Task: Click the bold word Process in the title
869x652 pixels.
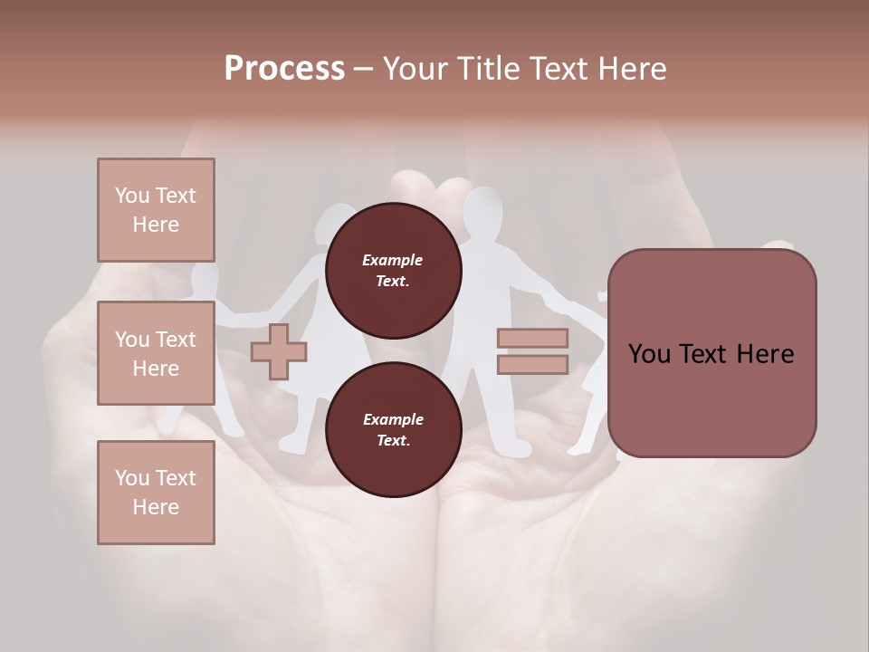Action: (x=284, y=69)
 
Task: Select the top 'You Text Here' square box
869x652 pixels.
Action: (x=156, y=210)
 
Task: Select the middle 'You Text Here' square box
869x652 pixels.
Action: (x=156, y=353)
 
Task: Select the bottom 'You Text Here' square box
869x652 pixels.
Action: (x=156, y=492)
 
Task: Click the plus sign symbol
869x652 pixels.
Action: (x=278, y=351)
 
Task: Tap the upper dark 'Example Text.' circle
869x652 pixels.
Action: (x=393, y=270)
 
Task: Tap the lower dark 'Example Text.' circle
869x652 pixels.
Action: (x=393, y=429)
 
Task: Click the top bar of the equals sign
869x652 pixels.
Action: (x=532, y=339)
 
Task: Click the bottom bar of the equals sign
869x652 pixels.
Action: (x=532, y=365)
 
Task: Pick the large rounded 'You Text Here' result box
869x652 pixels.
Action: (x=711, y=353)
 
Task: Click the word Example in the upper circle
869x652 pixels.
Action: (x=393, y=260)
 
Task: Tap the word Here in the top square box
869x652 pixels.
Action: (x=156, y=225)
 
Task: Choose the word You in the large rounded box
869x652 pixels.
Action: (x=649, y=354)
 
